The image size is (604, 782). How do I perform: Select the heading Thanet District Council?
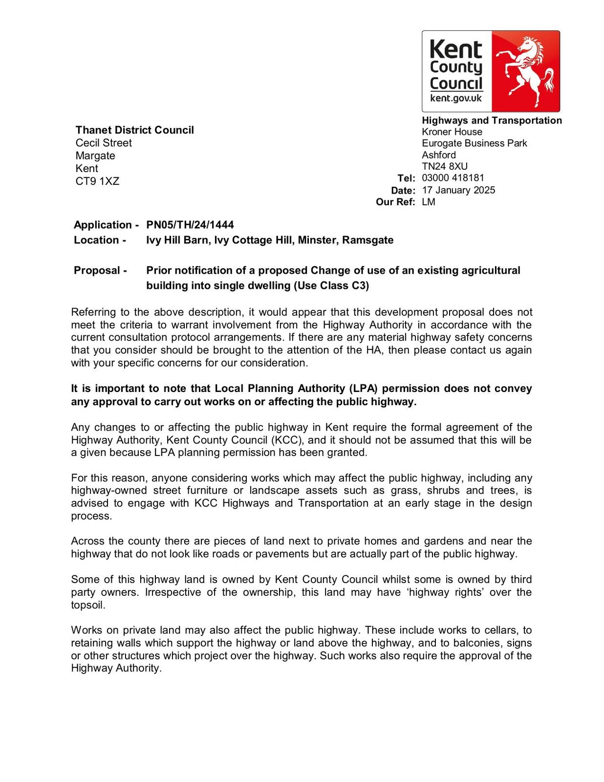coord(134,130)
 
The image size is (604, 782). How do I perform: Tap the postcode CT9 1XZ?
coord(97,181)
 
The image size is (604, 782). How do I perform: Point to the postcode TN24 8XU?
coord(445,166)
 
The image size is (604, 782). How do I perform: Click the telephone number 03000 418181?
coord(453,178)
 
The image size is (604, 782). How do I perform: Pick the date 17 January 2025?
coord(458,190)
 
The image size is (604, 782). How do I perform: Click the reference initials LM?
coord(429,202)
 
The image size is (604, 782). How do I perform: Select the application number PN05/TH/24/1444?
coord(190,225)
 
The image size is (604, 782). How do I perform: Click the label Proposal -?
coord(100,270)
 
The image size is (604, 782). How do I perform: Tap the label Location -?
coord(100,240)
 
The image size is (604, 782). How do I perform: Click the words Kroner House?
coord(452,132)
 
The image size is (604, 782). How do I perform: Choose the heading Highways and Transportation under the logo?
coord(492,121)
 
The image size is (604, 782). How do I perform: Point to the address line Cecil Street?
coord(104,143)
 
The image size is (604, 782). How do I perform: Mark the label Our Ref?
coord(395,202)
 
